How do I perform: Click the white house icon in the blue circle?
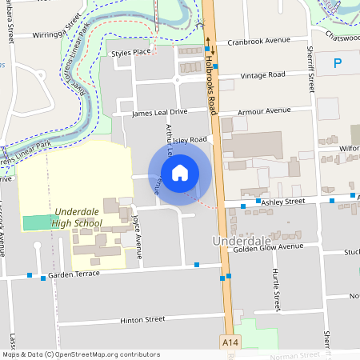tap(180, 172)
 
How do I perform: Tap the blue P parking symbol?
tap(337, 62)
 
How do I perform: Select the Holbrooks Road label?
tap(211, 84)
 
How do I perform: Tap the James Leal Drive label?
tap(160, 113)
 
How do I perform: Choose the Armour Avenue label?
tap(266, 110)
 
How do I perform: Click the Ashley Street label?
tap(281, 202)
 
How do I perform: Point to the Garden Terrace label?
tap(74, 274)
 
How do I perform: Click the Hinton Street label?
tap(142, 319)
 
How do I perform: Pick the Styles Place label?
tap(131, 53)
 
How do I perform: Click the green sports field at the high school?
tap(41, 222)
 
